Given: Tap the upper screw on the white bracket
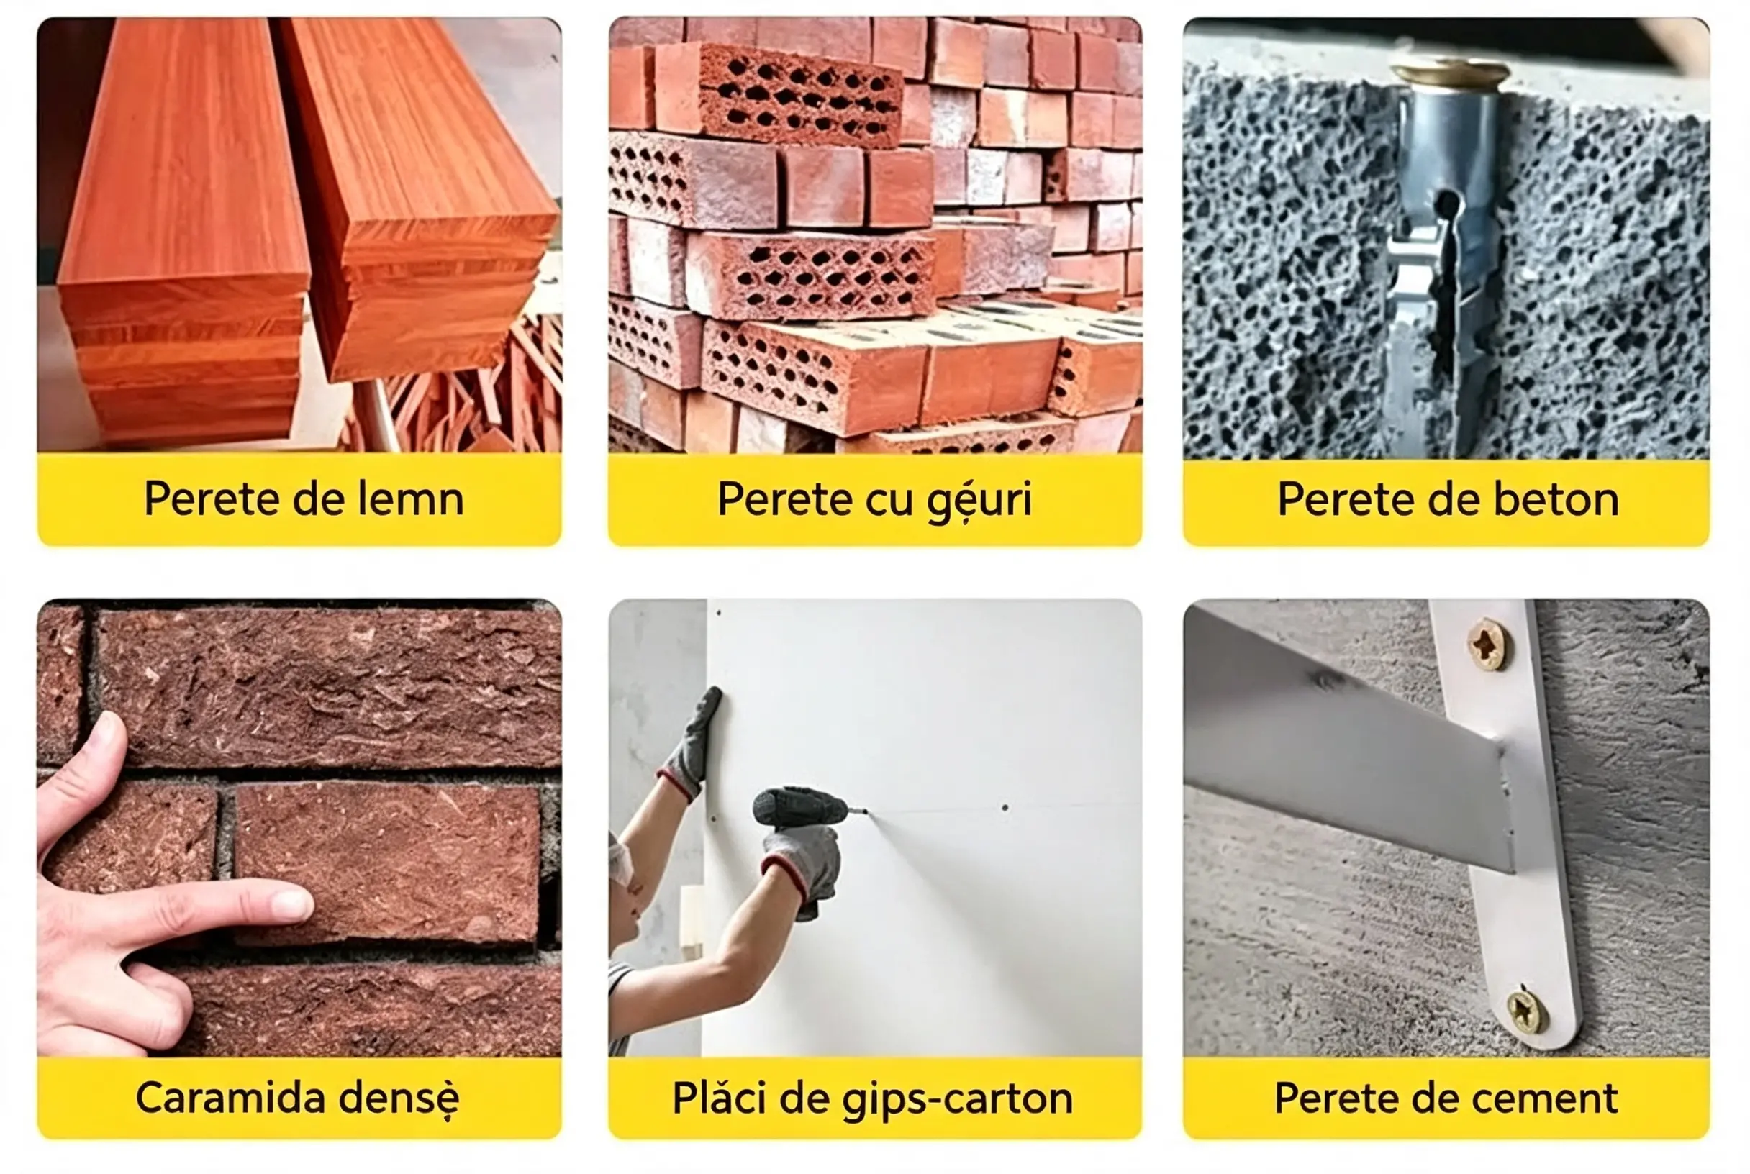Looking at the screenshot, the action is tap(1488, 644).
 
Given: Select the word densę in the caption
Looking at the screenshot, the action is tap(399, 1099).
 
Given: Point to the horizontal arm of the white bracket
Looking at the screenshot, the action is tap(1348, 741).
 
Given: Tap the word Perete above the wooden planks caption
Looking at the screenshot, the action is tap(212, 499).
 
